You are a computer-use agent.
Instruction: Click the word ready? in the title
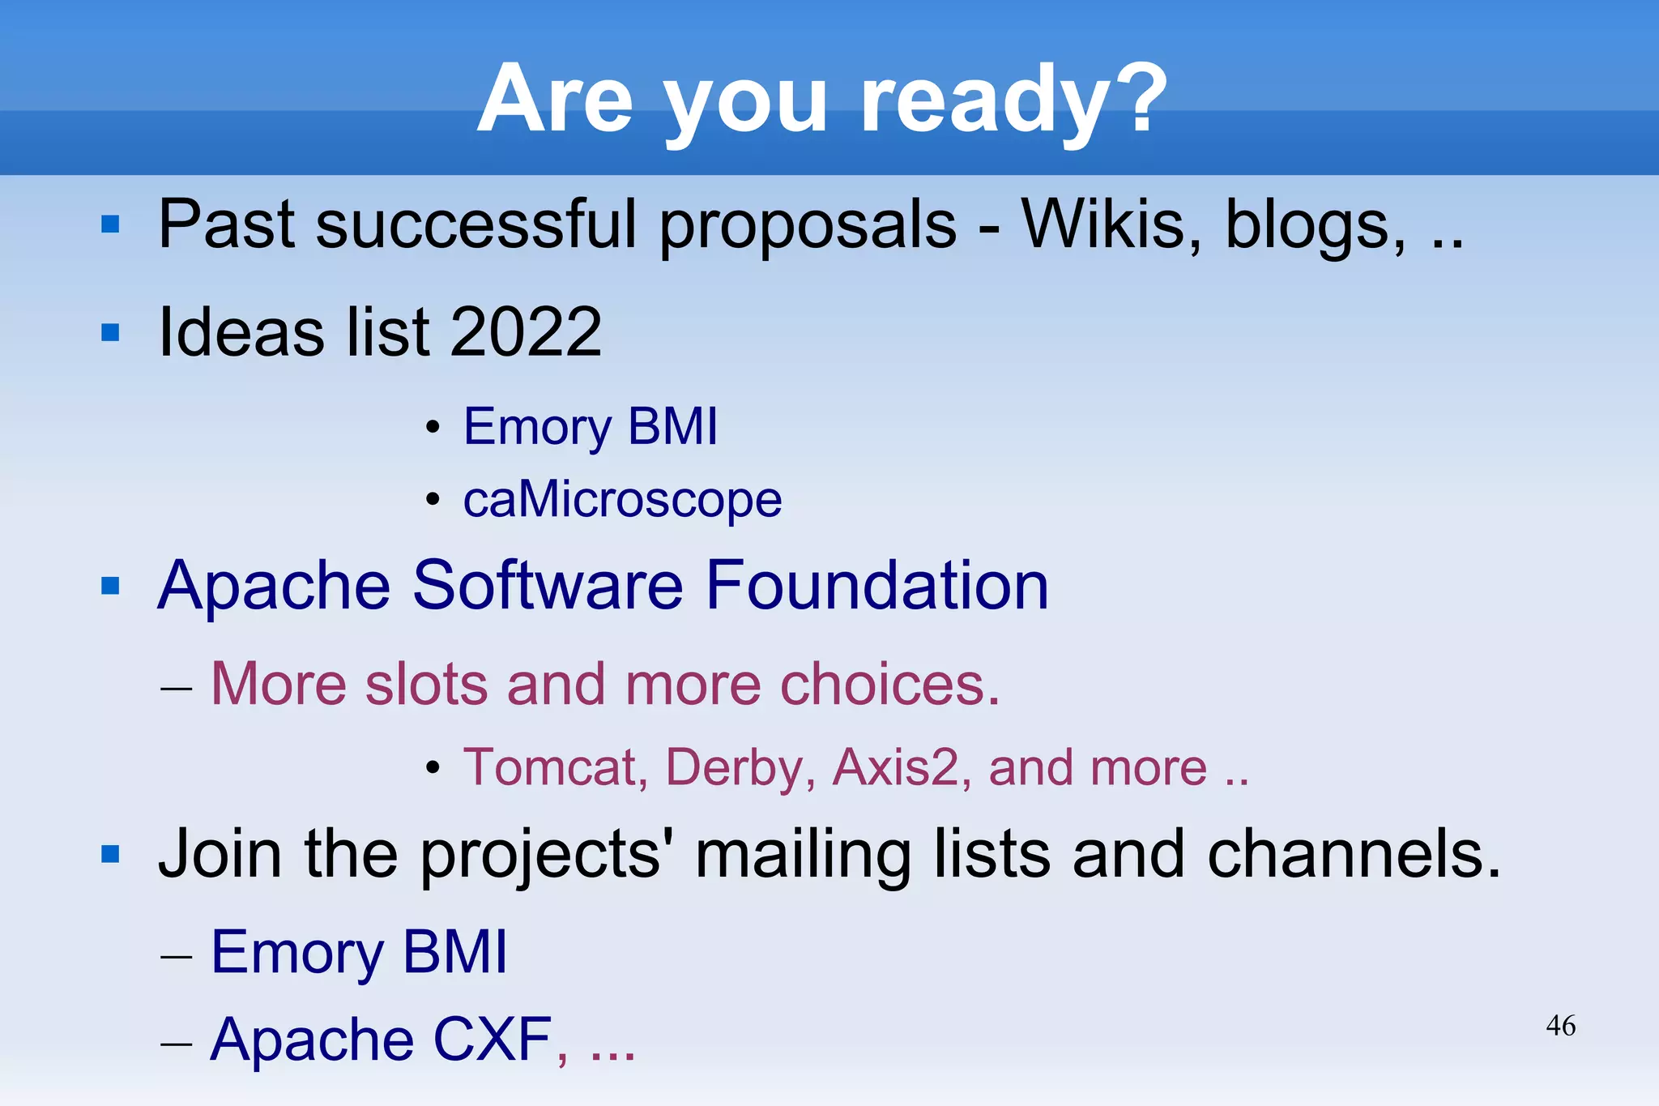click(x=1013, y=101)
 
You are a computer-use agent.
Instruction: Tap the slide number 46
click(x=1560, y=1026)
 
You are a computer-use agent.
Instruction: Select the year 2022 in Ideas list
click(x=526, y=331)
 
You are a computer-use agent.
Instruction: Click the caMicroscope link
click(x=622, y=499)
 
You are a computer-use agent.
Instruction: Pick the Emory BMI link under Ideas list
click(x=591, y=426)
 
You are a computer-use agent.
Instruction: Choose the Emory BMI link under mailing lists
click(x=359, y=952)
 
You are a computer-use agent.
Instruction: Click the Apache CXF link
click(x=381, y=1040)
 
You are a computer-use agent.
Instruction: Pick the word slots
click(x=426, y=685)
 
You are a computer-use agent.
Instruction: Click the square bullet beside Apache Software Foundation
click(x=110, y=586)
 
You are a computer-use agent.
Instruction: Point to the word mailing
click(x=803, y=855)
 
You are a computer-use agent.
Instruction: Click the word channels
click(x=1354, y=855)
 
